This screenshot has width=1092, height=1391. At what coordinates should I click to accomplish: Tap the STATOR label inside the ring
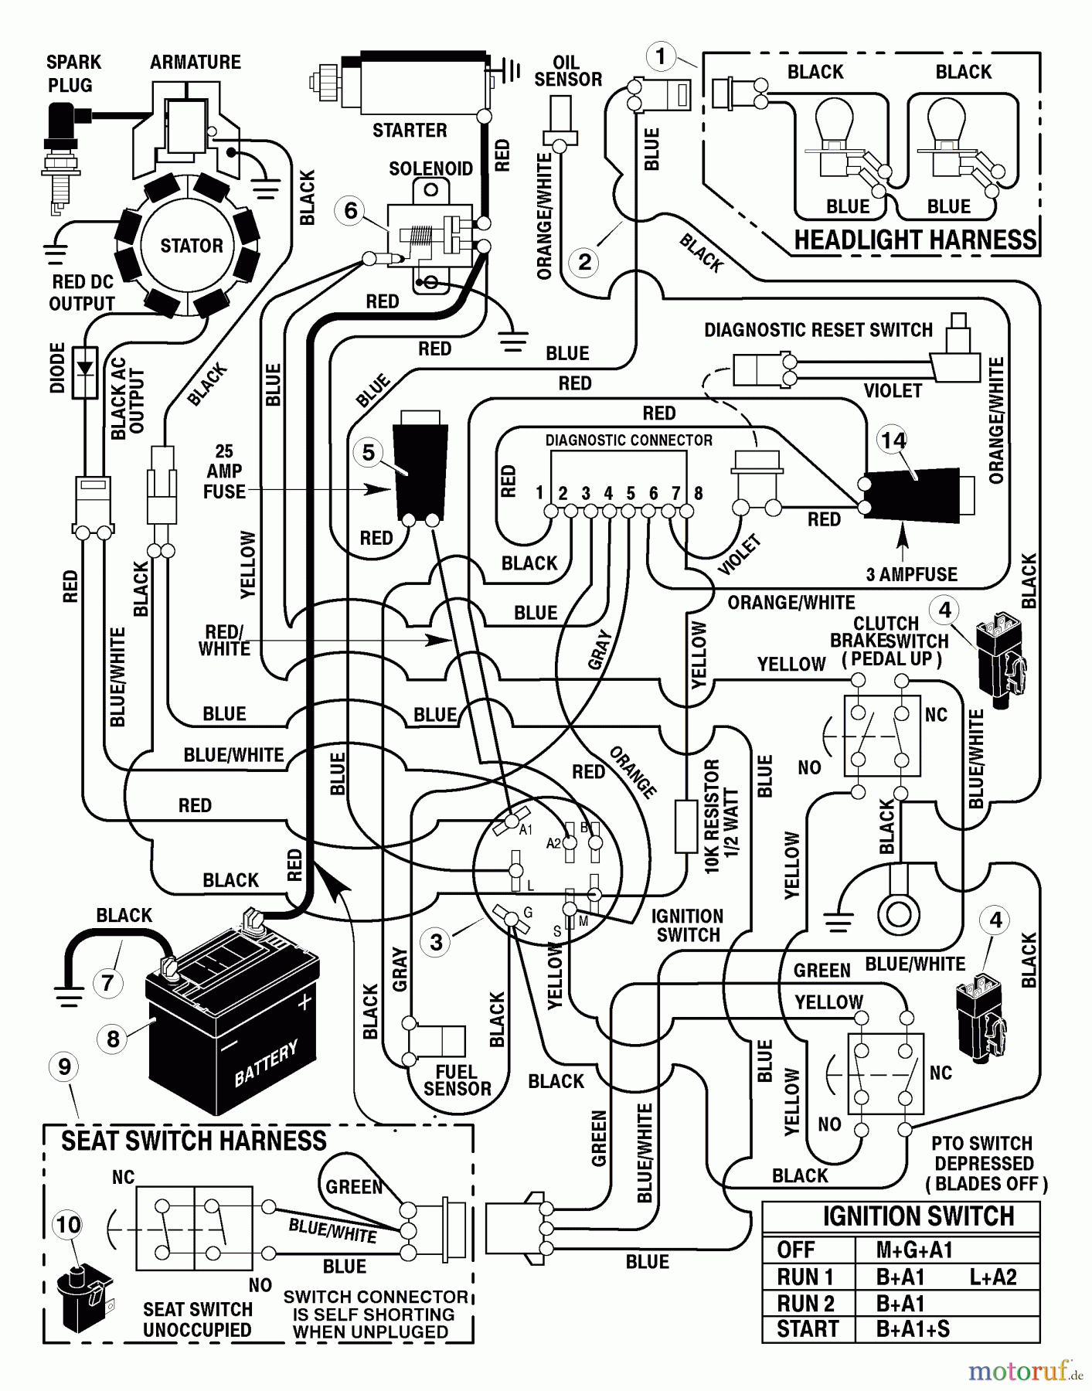click(x=191, y=246)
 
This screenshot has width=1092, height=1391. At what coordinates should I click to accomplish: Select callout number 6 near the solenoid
click(x=351, y=210)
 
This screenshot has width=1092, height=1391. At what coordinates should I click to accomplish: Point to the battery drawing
click(x=232, y=1020)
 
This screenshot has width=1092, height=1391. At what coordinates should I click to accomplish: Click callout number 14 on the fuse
click(x=893, y=440)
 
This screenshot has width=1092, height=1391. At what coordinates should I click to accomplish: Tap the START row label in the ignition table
click(x=808, y=1329)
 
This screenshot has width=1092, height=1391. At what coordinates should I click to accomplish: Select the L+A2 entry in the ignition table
click(x=993, y=1277)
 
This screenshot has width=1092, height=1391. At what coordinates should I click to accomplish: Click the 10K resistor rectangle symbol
click(x=685, y=827)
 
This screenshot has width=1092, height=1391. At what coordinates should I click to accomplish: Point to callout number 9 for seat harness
click(x=64, y=1067)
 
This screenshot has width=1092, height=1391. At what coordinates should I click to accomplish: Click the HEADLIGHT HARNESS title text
click(x=915, y=240)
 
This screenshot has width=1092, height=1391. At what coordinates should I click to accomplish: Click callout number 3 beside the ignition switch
click(x=437, y=942)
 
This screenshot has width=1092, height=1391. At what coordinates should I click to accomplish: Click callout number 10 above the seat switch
click(x=68, y=1224)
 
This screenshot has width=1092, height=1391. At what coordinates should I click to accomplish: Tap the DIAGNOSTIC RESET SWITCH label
click(x=818, y=330)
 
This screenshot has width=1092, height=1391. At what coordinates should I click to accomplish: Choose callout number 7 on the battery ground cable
click(x=107, y=983)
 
